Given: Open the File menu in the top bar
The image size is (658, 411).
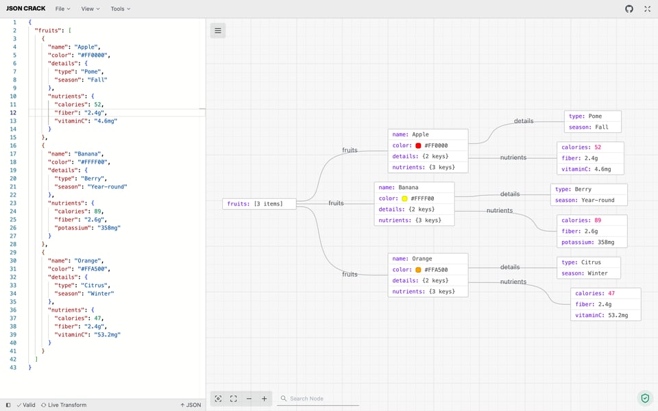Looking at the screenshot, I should (x=62, y=9).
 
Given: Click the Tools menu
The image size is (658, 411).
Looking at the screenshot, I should (x=120, y=9).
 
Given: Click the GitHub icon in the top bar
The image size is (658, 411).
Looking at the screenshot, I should (x=629, y=9).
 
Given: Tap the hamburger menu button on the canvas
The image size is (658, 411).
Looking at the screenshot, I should (x=218, y=30).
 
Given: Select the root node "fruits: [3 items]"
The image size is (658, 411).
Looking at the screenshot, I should (x=260, y=203).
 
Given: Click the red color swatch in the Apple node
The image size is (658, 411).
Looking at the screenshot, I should (x=418, y=146).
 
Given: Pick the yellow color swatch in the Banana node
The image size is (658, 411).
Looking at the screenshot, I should (x=404, y=199).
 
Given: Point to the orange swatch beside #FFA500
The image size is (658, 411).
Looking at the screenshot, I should (x=418, y=270).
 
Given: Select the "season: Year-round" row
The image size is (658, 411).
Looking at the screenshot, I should (x=589, y=200).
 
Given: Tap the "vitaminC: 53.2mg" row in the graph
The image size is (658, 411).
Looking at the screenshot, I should (x=606, y=316).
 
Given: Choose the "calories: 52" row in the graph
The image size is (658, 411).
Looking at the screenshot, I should (x=590, y=147).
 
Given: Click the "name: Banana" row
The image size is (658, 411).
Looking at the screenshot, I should (x=414, y=187).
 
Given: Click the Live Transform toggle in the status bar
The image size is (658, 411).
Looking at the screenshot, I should (x=64, y=405).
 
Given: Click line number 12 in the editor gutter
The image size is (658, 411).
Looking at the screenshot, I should (x=14, y=112).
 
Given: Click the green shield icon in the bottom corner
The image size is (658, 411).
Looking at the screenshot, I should (x=644, y=398).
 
